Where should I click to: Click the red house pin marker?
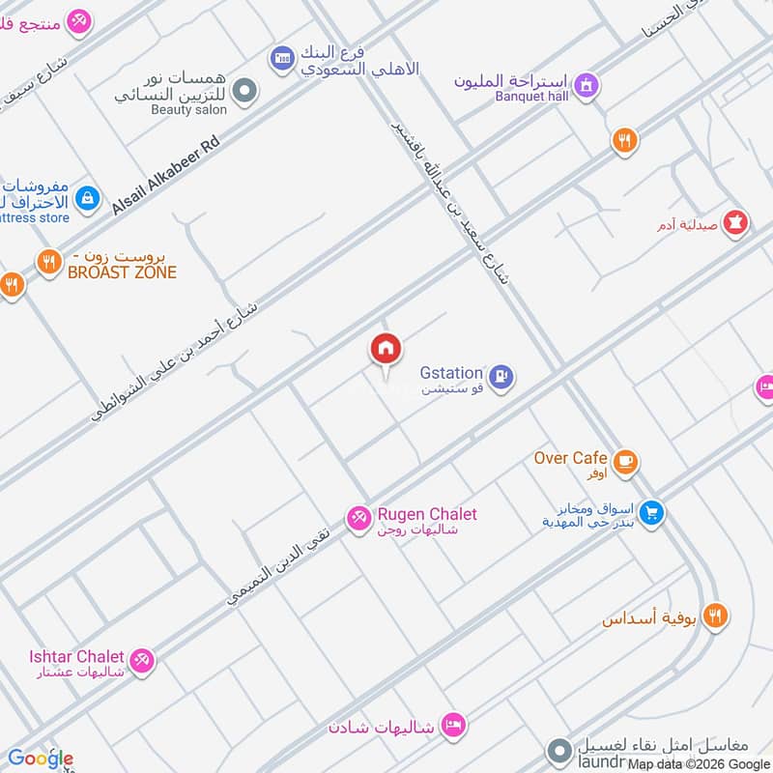click(x=386, y=350)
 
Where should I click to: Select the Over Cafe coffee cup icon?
click(x=625, y=461)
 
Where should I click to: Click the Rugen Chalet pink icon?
click(x=358, y=518)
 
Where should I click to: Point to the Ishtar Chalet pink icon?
click(x=141, y=661)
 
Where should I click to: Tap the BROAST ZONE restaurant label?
click(x=122, y=273)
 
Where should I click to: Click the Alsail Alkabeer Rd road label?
click(x=166, y=175)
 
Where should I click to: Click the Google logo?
click(x=41, y=758)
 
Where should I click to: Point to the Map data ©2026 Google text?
click(x=698, y=763)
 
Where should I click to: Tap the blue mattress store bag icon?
click(x=88, y=198)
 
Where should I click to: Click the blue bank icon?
click(x=281, y=59)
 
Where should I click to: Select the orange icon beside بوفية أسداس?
click(x=715, y=616)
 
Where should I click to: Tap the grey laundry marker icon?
click(x=558, y=750)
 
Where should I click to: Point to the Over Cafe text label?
click(x=570, y=457)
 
